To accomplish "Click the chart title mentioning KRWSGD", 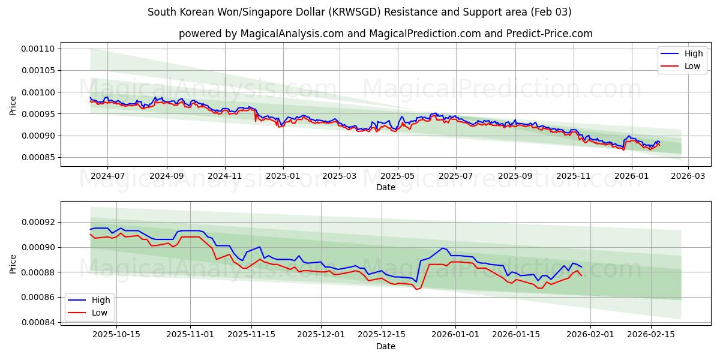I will [359, 12].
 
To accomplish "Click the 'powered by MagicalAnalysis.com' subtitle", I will [385, 34].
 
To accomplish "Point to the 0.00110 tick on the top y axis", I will [39, 49].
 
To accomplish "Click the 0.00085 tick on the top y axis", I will [39, 157].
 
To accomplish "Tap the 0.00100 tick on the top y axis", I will [39, 92].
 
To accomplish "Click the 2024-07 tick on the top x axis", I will [107, 176].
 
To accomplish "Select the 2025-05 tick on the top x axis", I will [397, 176].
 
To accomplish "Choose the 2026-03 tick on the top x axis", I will [688, 176].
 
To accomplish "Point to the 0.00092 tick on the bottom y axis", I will [39, 222].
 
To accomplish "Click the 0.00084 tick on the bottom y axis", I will [39, 322].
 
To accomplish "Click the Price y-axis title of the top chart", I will [13, 104].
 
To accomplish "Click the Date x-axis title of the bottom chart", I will [385, 346].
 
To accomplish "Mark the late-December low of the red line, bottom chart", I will [416, 289].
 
